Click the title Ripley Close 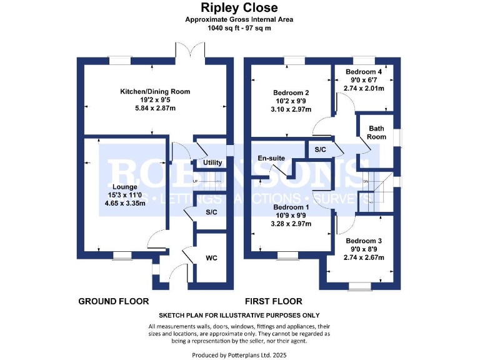[x=239, y=8]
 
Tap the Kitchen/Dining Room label [x=155, y=91]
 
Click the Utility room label [x=212, y=163]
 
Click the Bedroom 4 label [x=364, y=72]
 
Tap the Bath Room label [x=376, y=132]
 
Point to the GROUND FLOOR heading [x=113, y=301]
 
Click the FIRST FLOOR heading [x=273, y=301]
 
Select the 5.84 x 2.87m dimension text [x=155, y=108]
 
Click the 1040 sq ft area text [x=239, y=28]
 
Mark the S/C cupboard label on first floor [x=320, y=150]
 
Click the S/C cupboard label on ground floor [x=211, y=212]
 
